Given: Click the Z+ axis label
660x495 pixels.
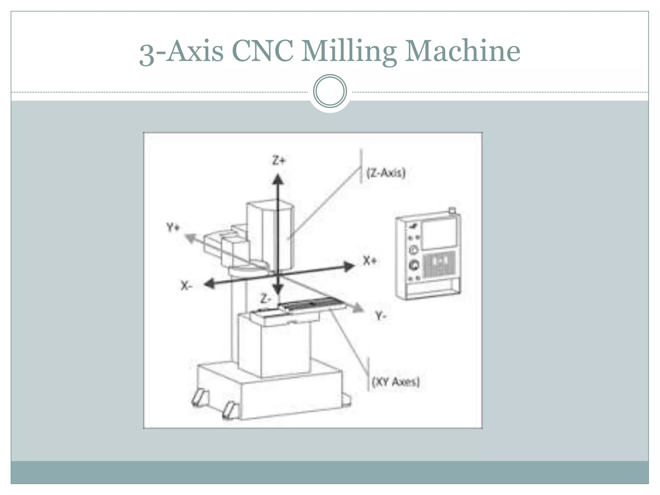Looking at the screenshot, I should click(279, 160).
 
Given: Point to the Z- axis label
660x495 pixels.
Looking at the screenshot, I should click(265, 299).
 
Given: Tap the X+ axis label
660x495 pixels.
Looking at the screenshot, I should click(370, 260).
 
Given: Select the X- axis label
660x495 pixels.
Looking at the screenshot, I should click(186, 285).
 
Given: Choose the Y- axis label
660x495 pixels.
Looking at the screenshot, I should click(381, 316).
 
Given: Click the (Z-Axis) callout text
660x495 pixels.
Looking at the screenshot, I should click(386, 173).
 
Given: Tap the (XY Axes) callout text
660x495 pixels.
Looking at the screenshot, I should click(396, 382).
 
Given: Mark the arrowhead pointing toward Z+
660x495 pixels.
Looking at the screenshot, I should click(278, 179).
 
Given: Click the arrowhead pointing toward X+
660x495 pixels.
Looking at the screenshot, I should click(349, 267).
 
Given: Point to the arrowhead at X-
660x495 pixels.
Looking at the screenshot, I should click(210, 284).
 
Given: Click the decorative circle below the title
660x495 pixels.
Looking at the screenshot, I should click(330, 91).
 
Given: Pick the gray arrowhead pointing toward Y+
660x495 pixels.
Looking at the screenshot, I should click(190, 239).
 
